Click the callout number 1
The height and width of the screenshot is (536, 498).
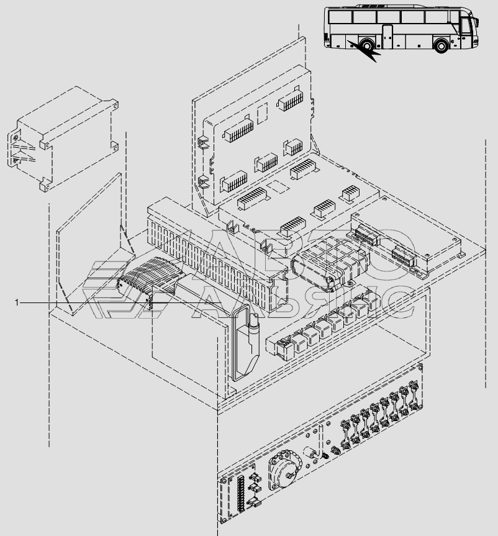[x=18, y=302]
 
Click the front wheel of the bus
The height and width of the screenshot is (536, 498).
[x=441, y=46]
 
